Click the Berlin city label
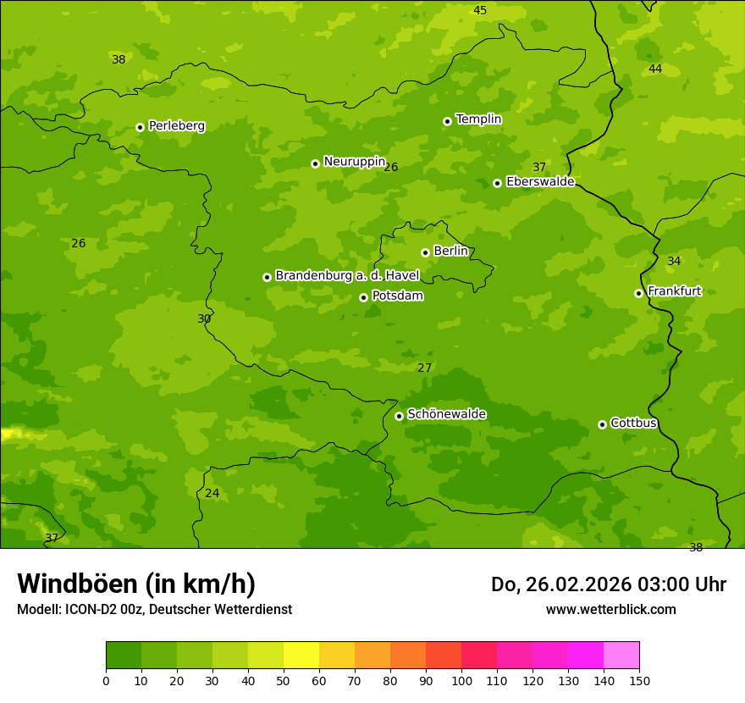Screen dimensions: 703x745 tap(450, 252)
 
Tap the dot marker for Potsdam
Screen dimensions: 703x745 tap(363, 297)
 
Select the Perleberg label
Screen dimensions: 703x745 tap(177, 126)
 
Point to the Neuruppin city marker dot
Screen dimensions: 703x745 tap(315, 163)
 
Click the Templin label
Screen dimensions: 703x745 tap(478, 119)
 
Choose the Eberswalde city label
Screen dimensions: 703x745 tap(540, 182)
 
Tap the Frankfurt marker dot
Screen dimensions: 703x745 tap(638, 293)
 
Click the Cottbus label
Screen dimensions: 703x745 tap(633, 423)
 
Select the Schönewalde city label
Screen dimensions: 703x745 tap(446, 414)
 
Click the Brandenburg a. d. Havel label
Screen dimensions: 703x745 tap(347, 275)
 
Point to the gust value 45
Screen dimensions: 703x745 tap(480, 10)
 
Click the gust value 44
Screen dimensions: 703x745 tap(655, 69)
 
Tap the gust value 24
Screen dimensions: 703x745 tap(212, 493)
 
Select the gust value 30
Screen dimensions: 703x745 tap(204, 318)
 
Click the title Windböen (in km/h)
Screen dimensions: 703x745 tap(136, 584)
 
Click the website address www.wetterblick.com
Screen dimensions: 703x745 tap(610, 609)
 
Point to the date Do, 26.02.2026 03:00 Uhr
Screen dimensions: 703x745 tap(608, 584)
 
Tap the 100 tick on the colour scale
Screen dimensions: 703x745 tap(461, 680)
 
